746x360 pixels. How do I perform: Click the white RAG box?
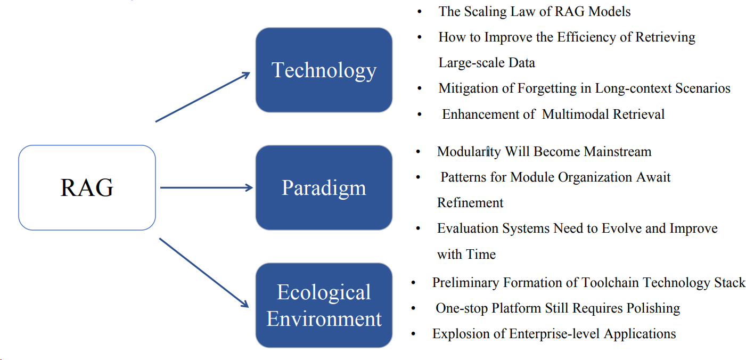click(87, 187)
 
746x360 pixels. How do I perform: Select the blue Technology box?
click(324, 70)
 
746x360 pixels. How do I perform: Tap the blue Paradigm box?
click(324, 187)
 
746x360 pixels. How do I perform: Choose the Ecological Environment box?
click(324, 305)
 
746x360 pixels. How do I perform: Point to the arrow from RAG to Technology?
click(202, 97)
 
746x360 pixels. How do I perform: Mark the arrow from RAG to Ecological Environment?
click(204, 273)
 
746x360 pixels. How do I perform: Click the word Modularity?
click(469, 152)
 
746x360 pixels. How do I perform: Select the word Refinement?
click(470, 203)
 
